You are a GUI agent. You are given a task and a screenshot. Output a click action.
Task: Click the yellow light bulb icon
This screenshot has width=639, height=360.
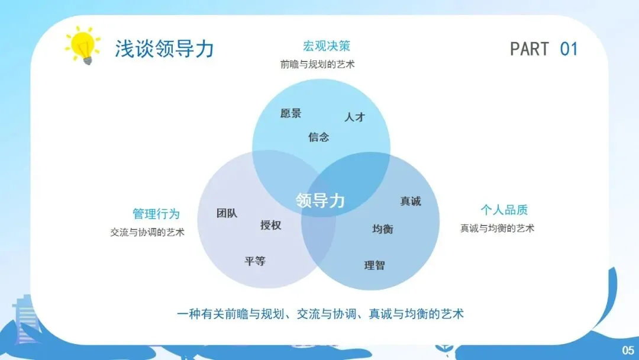83,46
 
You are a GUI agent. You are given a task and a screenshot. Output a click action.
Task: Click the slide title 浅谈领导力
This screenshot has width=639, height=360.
164,49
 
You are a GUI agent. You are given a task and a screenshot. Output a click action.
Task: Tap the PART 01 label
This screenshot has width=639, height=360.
543,49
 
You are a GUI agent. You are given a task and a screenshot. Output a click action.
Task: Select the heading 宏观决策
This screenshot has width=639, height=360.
326,46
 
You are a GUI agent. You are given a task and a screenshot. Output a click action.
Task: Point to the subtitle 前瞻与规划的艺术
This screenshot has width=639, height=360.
318,65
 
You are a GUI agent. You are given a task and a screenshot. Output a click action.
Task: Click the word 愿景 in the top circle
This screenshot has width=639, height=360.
291,113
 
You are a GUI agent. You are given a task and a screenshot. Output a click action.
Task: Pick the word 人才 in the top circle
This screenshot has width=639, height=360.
354,117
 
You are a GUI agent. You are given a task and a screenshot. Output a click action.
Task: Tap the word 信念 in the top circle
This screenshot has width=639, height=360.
318,137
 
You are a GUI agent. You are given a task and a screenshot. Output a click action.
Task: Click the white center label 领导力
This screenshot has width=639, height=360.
320,201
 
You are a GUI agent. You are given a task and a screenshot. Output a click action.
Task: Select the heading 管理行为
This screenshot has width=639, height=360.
156,214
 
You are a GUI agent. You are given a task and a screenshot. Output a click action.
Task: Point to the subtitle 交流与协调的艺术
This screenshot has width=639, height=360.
147,232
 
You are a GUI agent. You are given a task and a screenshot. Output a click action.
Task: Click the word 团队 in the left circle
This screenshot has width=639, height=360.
227,213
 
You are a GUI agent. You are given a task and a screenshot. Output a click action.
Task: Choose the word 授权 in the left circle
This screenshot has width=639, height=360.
270,225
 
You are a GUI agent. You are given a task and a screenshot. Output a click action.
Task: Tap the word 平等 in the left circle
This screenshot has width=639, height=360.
255,261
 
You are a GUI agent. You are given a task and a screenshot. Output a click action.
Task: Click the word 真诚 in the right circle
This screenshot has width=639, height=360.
410,201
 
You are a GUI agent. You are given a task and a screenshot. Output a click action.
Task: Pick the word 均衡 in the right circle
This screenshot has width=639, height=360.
382,229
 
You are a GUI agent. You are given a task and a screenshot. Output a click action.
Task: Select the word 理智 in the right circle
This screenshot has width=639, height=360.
374,265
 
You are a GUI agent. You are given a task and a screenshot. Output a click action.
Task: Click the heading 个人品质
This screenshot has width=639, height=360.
504,210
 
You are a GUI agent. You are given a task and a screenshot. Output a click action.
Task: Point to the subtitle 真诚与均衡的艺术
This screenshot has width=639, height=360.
497,228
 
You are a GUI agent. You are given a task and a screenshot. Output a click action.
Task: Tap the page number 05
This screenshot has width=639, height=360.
627,349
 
